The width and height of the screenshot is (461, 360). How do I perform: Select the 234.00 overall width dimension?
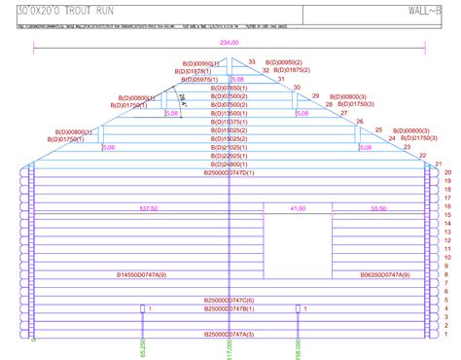point(230,43)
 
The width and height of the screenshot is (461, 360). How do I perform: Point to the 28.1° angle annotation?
point(181,98)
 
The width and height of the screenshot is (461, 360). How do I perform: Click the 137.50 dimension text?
point(149,209)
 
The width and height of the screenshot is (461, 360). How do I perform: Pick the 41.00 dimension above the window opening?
point(298,209)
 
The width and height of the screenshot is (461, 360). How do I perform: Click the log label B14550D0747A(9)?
point(142,275)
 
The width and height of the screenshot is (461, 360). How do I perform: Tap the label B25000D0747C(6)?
point(229,301)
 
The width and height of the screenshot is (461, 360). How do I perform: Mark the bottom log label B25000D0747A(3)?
point(229,334)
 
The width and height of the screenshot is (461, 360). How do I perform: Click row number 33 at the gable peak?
point(252,62)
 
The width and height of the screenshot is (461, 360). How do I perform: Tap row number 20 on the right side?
point(448,172)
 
